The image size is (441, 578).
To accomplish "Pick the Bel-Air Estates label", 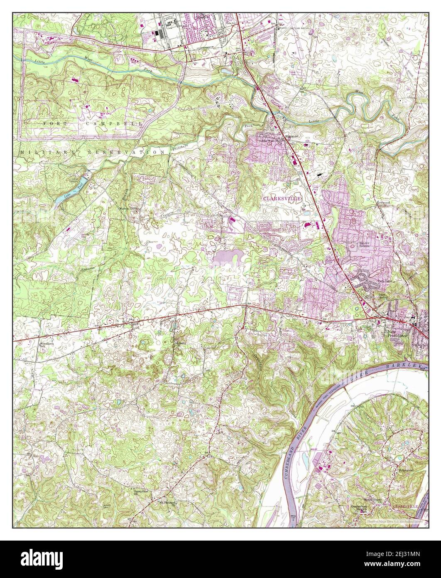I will [x=364, y=245].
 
